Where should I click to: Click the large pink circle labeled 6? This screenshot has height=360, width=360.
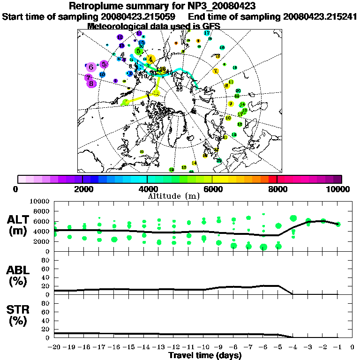click(x=91, y=67)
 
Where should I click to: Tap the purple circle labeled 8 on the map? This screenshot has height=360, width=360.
click(x=92, y=83)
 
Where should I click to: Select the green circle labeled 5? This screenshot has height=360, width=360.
click(x=138, y=51)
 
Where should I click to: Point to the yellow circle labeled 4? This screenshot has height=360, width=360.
click(x=150, y=59)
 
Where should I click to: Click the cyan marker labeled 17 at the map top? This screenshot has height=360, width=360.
click(x=207, y=33)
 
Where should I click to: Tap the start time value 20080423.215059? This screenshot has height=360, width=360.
click(x=139, y=16)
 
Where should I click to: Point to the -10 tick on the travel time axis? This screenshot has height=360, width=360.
click(x=203, y=347)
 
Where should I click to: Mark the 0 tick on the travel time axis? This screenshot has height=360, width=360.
click(x=352, y=347)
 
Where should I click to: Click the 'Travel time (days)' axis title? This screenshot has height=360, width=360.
click(x=205, y=355)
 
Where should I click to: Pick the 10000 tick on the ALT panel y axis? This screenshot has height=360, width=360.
click(x=41, y=202)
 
